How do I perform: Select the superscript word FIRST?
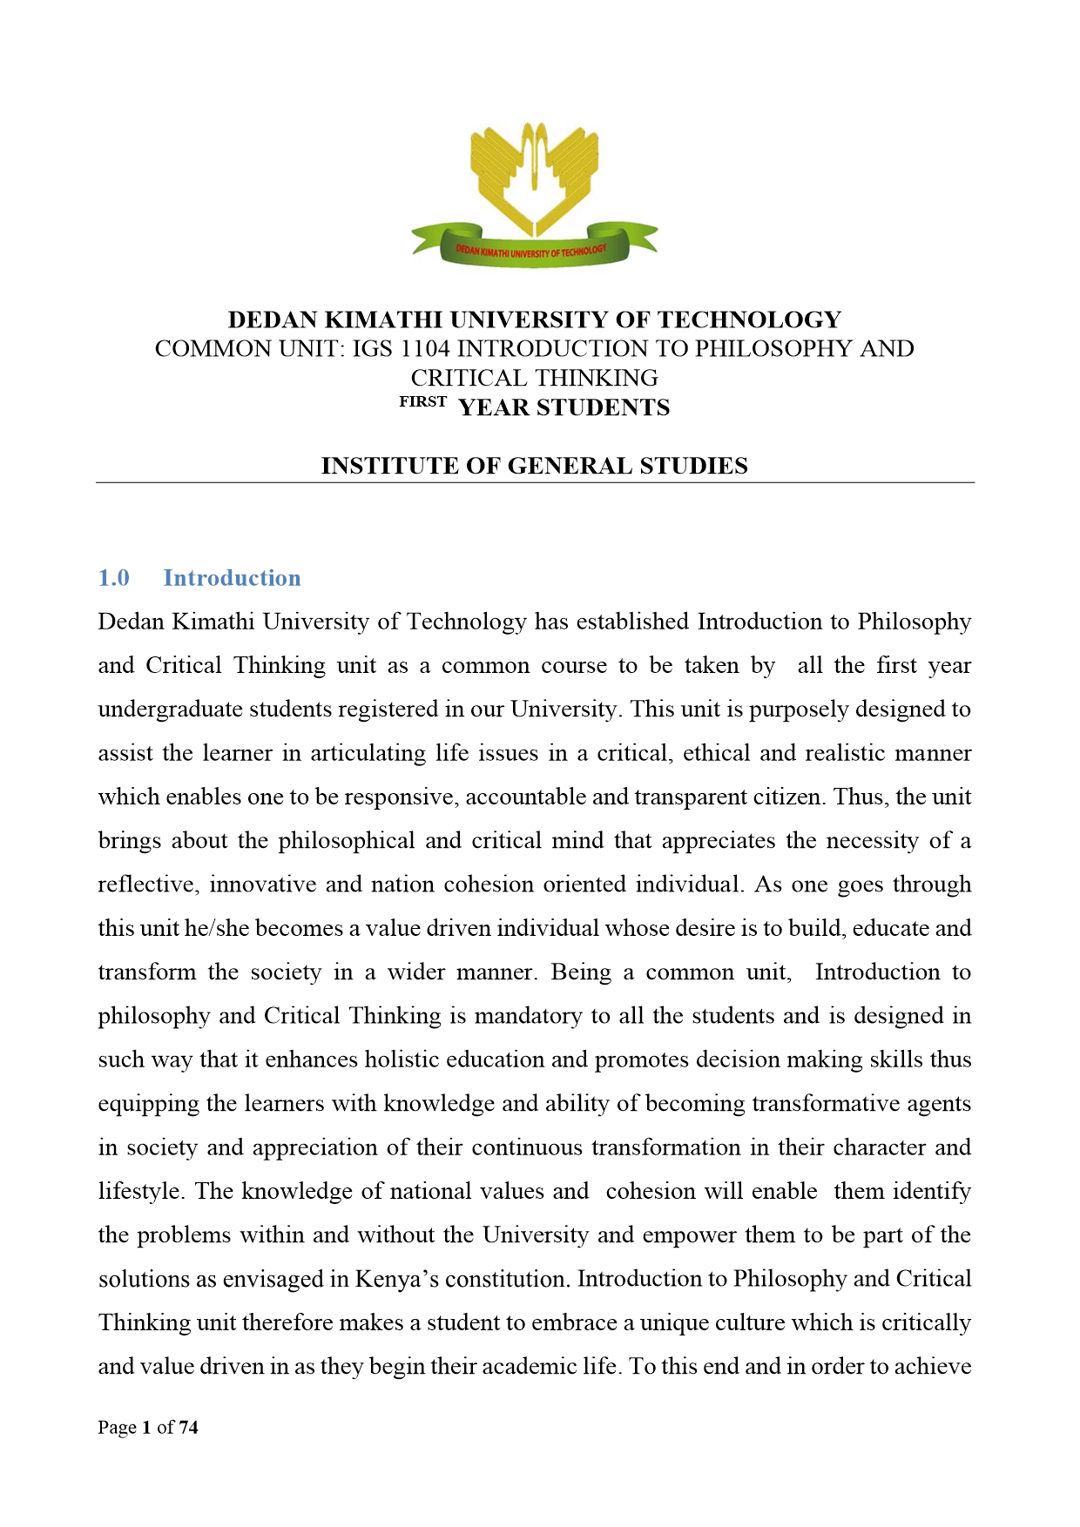point(423,402)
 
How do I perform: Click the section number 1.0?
point(114,578)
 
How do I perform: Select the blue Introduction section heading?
point(232,578)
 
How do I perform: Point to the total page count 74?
point(189,1428)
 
